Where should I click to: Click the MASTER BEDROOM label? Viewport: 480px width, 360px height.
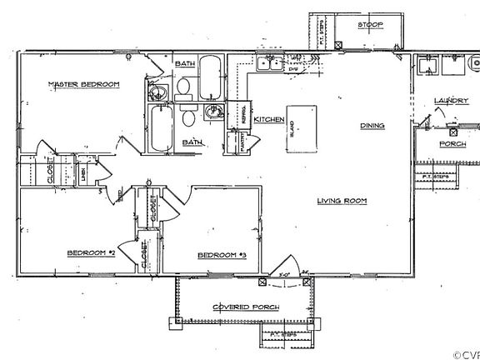[x=82, y=84]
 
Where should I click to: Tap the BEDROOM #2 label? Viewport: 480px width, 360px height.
[x=90, y=252]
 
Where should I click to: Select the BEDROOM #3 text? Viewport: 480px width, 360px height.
[x=222, y=254]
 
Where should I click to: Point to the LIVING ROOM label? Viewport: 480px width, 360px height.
[x=342, y=200]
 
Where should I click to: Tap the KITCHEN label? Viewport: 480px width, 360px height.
[x=269, y=119]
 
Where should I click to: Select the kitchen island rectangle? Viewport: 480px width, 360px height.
[x=302, y=128]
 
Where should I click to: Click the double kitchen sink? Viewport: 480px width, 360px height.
[x=269, y=62]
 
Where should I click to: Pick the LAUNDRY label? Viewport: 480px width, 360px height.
[x=451, y=101]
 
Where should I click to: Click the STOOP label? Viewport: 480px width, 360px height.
[x=371, y=25]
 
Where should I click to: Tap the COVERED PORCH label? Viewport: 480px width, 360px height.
[x=246, y=307]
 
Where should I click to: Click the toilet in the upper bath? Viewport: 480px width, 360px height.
[x=184, y=87]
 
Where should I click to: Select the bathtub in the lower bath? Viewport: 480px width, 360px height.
[x=159, y=127]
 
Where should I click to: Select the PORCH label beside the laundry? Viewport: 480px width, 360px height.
[x=452, y=143]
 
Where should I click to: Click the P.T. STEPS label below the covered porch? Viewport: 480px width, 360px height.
[x=284, y=335]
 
